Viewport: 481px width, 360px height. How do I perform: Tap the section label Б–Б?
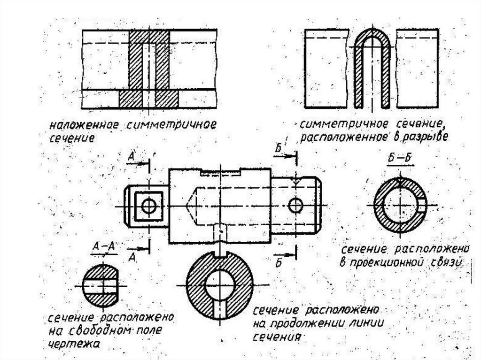[x=400, y=158]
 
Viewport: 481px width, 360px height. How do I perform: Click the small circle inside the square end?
[x=149, y=206]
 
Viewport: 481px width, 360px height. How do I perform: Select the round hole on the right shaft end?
[x=296, y=205]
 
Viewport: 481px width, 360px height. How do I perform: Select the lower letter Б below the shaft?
[x=278, y=262]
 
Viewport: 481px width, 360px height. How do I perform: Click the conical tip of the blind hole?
[x=189, y=206]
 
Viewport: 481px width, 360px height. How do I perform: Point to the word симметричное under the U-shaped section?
[x=334, y=125]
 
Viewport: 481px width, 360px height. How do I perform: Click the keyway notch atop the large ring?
[x=219, y=254]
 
